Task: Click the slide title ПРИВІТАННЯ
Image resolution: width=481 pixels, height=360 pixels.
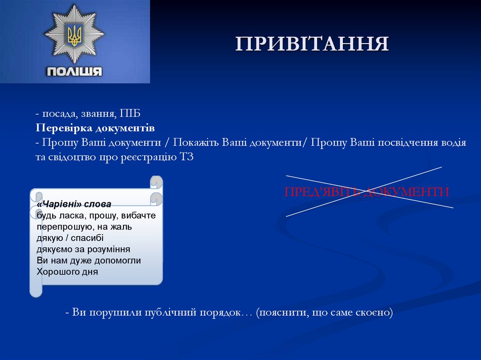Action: (312, 43)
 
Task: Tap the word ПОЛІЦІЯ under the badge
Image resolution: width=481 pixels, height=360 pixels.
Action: (74, 71)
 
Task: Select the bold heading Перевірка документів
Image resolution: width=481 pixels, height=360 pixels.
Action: (95, 128)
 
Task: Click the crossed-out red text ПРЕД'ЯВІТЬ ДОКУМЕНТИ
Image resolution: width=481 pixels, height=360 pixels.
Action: (367, 191)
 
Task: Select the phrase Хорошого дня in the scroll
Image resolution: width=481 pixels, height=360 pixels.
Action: (67, 271)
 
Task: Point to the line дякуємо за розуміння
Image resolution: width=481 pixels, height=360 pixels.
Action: (83, 249)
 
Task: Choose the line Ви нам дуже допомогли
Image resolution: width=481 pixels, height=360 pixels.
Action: (89, 260)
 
